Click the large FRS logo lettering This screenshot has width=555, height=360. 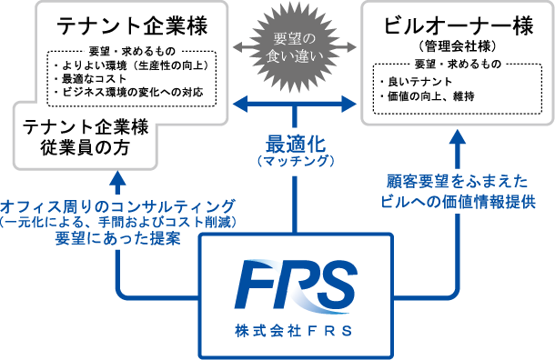tap(296, 287)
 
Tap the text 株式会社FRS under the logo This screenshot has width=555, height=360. tap(294, 331)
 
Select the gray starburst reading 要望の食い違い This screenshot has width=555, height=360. tap(295, 47)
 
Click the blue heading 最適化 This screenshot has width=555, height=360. tap(296, 144)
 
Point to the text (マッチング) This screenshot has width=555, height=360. tap(296, 161)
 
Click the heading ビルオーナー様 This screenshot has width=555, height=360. tap(458, 25)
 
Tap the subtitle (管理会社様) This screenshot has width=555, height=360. tap(458, 46)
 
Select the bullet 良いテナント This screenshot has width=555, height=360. tap(417, 82)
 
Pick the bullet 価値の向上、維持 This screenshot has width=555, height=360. tap(428, 96)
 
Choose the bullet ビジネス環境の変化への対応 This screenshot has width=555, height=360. tap(129, 92)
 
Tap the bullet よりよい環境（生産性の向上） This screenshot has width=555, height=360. tap(131, 65)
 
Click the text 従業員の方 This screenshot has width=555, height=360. tap(85, 147)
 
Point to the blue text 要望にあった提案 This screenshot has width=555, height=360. tap(118, 238)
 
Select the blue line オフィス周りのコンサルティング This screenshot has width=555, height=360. tap(118, 206)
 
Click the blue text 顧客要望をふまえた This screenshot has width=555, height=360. tap(457, 182)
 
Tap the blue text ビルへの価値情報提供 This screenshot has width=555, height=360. tap(458, 202)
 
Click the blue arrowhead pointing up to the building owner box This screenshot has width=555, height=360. tap(458, 137)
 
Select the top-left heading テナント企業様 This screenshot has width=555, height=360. tap(132, 25)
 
